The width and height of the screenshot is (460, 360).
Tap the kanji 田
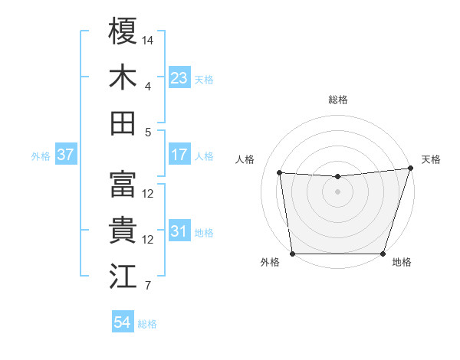tap(123, 123)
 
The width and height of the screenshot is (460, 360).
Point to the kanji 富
tap(123, 185)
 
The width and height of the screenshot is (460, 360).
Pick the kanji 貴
tap(123, 231)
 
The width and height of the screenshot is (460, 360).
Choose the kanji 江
tap(123, 277)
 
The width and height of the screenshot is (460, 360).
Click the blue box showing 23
tap(179, 77)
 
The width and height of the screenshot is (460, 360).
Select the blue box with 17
tap(179, 155)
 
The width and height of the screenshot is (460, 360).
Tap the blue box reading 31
tap(179, 231)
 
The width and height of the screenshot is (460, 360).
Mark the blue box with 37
tap(66, 155)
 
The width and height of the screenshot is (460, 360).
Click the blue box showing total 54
tap(123, 322)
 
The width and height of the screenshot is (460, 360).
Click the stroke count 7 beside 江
tap(148, 286)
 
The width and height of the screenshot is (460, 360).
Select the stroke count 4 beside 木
tap(148, 85)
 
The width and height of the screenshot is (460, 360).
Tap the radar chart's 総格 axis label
tap(337, 100)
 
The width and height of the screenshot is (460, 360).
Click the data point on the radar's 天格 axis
tap(410, 169)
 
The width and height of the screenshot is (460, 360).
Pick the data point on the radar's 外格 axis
tap(292, 254)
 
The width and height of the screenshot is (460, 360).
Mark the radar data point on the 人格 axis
tap(280, 173)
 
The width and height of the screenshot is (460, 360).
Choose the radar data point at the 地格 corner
tap(383, 254)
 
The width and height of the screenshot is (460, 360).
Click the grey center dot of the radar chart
tap(337, 191)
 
